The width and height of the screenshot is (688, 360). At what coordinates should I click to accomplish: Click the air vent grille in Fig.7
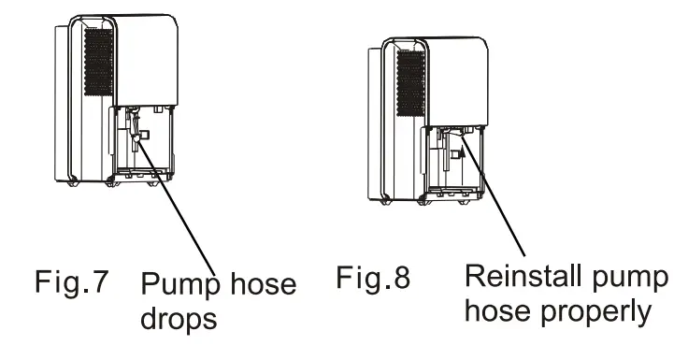97,62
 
